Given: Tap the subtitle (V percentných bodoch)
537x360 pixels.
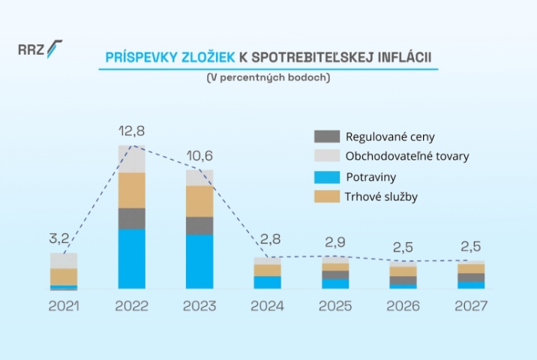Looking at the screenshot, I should pos(268,77).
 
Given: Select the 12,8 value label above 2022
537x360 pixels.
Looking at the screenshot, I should pos(132,131).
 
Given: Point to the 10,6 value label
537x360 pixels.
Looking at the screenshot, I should pos(199,156).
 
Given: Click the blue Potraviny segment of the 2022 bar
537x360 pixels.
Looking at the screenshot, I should pos(132,259).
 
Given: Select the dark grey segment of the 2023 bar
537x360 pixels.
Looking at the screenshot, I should pos(199,226).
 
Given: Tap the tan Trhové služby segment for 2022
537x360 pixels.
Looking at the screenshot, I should pos(132,190).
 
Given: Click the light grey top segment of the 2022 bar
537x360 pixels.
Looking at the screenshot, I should pos(132,159).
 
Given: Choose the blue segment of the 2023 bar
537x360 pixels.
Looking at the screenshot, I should pos(199,262).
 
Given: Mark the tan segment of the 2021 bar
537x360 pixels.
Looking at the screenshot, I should pos(64,277).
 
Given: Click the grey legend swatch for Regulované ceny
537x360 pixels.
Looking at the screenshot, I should pos(326,136).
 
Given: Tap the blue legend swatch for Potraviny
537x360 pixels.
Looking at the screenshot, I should pos(326,178).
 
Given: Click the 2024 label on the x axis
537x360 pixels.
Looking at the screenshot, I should pos(267,307).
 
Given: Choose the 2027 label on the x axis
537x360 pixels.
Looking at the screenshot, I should pos(471,307).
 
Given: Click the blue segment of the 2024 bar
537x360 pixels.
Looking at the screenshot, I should pos(267,283).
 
